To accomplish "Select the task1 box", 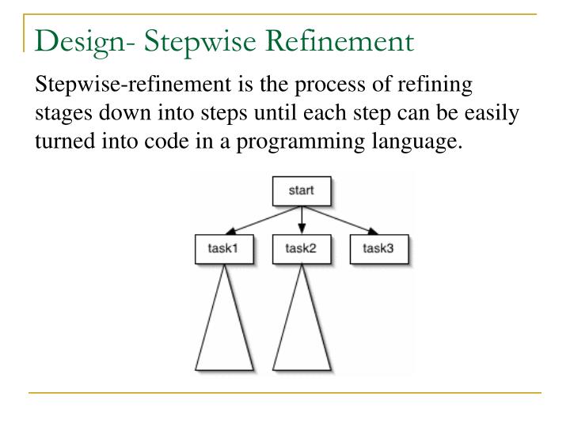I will tap(223, 250).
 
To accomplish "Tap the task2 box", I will tap(301, 250).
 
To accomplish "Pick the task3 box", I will tap(378, 250).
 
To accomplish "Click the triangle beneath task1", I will tap(224, 332).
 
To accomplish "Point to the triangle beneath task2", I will tap(301, 332).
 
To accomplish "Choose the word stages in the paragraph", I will tap(61, 114).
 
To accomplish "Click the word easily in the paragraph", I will tap(492, 114).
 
